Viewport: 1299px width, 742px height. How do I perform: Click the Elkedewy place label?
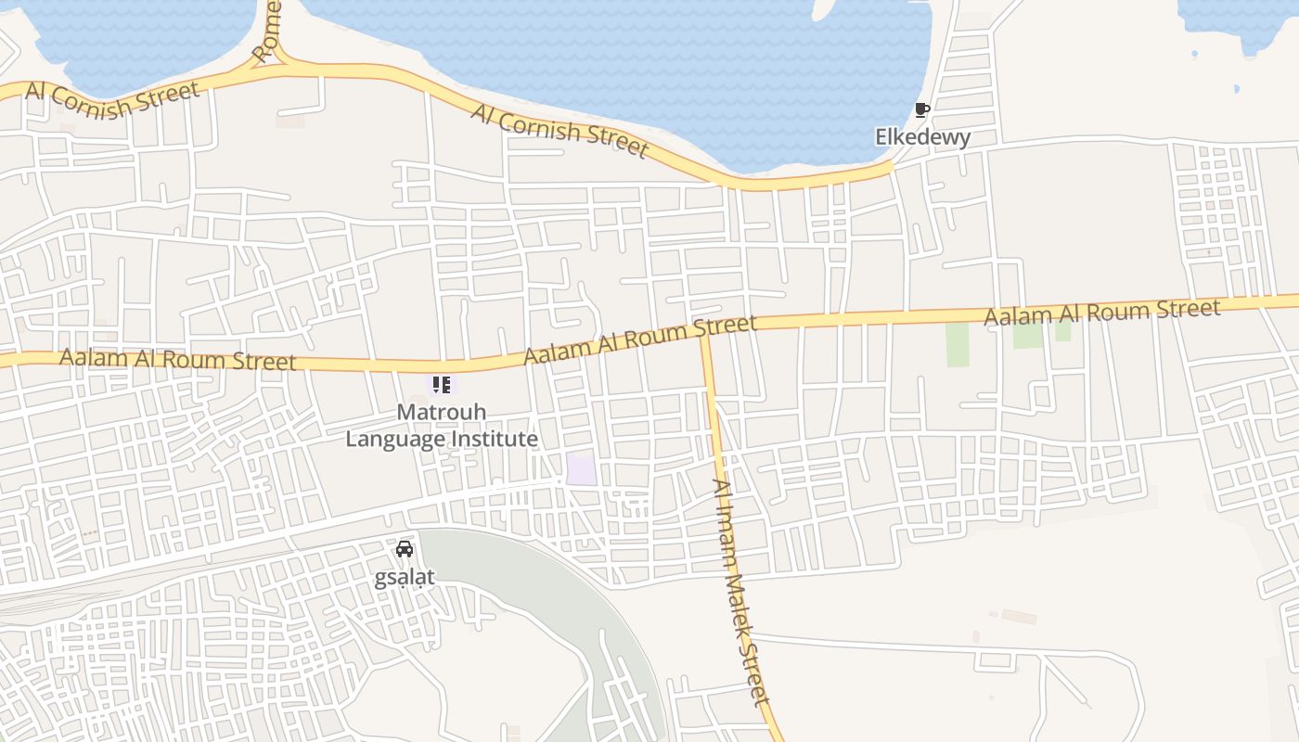coord(922,137)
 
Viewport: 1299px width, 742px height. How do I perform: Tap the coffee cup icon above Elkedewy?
coord(921,110)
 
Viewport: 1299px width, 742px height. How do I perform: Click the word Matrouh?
coord(441,411)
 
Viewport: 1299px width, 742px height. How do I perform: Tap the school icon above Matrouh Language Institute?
coord(441,384)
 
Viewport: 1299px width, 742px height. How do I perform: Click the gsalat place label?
coord(404,578)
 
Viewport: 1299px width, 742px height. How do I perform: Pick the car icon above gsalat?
coord(405,549)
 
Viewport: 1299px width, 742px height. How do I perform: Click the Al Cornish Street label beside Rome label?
coord(112,99)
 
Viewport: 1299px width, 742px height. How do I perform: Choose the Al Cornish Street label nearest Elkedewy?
coord(559,130)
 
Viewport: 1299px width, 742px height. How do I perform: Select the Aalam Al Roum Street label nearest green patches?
coord(1101,312)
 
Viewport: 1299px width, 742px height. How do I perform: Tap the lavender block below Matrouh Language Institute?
coord(582,468)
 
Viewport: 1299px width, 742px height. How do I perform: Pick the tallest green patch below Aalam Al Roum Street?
coord(957,344)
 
